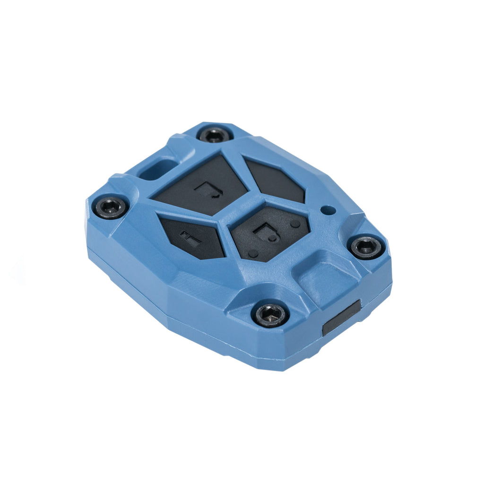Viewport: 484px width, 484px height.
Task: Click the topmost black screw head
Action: pyautogui.click(x=216, y=135)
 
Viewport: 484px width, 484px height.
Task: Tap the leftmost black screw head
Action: pyautogui.click(x=110, y=207)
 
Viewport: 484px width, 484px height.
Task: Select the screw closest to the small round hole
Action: pyautogui.click(x=366, y=247)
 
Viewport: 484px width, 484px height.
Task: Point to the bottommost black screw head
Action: pyautogui.click(x=270, y=314)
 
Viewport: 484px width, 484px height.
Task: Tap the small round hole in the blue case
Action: pyautogui.click(x=326, y=209)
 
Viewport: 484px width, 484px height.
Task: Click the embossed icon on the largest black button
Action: pyautogui.click(x=208, y=190)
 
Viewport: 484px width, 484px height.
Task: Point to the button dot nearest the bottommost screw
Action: pyautogui.click(x=253, y=254)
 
